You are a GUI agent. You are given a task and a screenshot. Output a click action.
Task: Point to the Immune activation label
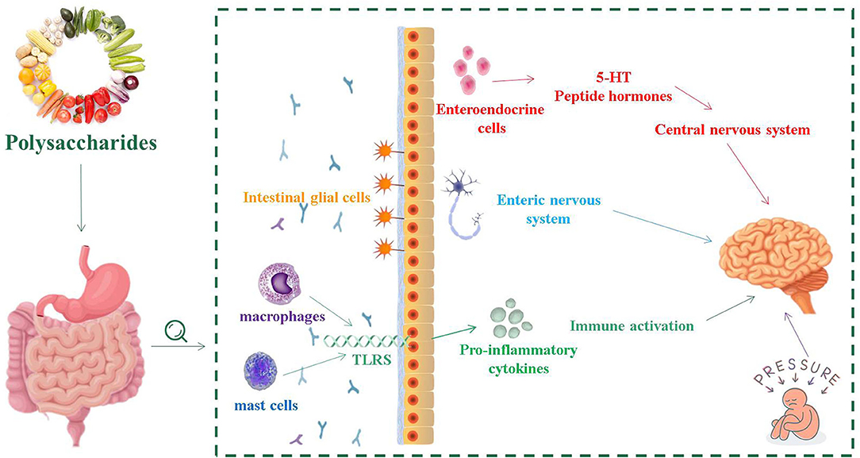[632, 325]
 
